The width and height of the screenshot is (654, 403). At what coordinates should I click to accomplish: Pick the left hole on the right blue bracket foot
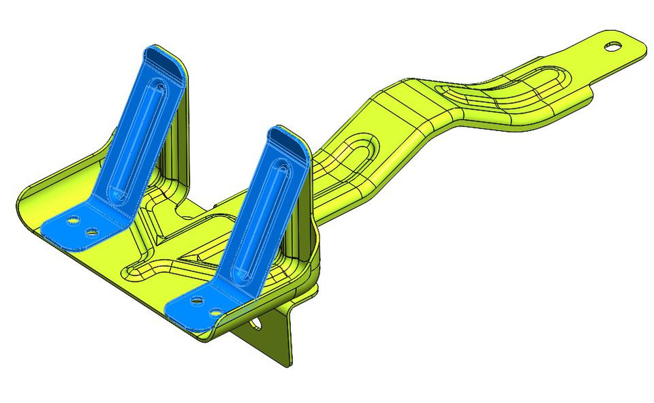click(x=196, y=300)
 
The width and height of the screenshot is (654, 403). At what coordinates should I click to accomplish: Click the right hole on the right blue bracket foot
click(x=216, y=310)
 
